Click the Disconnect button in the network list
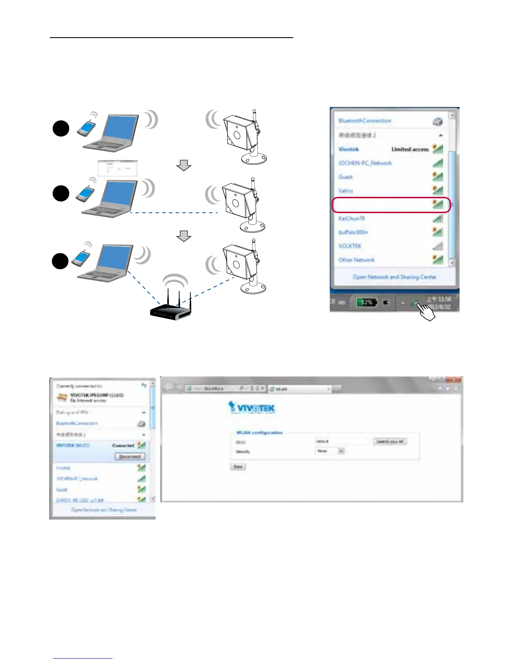[x=130, y=456]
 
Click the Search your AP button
[x=390, y=441]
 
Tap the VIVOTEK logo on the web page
[x=252, y=407]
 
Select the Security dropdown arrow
[x=341, y=451]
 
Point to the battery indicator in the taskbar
[x=366, y=302]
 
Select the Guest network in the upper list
[x=346, y=177]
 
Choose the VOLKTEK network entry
[x=350, y=246]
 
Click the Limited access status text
[x=410, y=149]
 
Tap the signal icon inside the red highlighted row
[x=438, y=204]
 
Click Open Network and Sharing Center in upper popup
[x=394, y=277]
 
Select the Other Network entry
[x=356, y=260]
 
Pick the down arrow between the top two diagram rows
[x=184, y=166]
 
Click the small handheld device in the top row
[x=86, y=127]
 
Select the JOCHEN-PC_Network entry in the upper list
[x=365, y=163]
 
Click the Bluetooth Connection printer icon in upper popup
[x=438, y=122]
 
